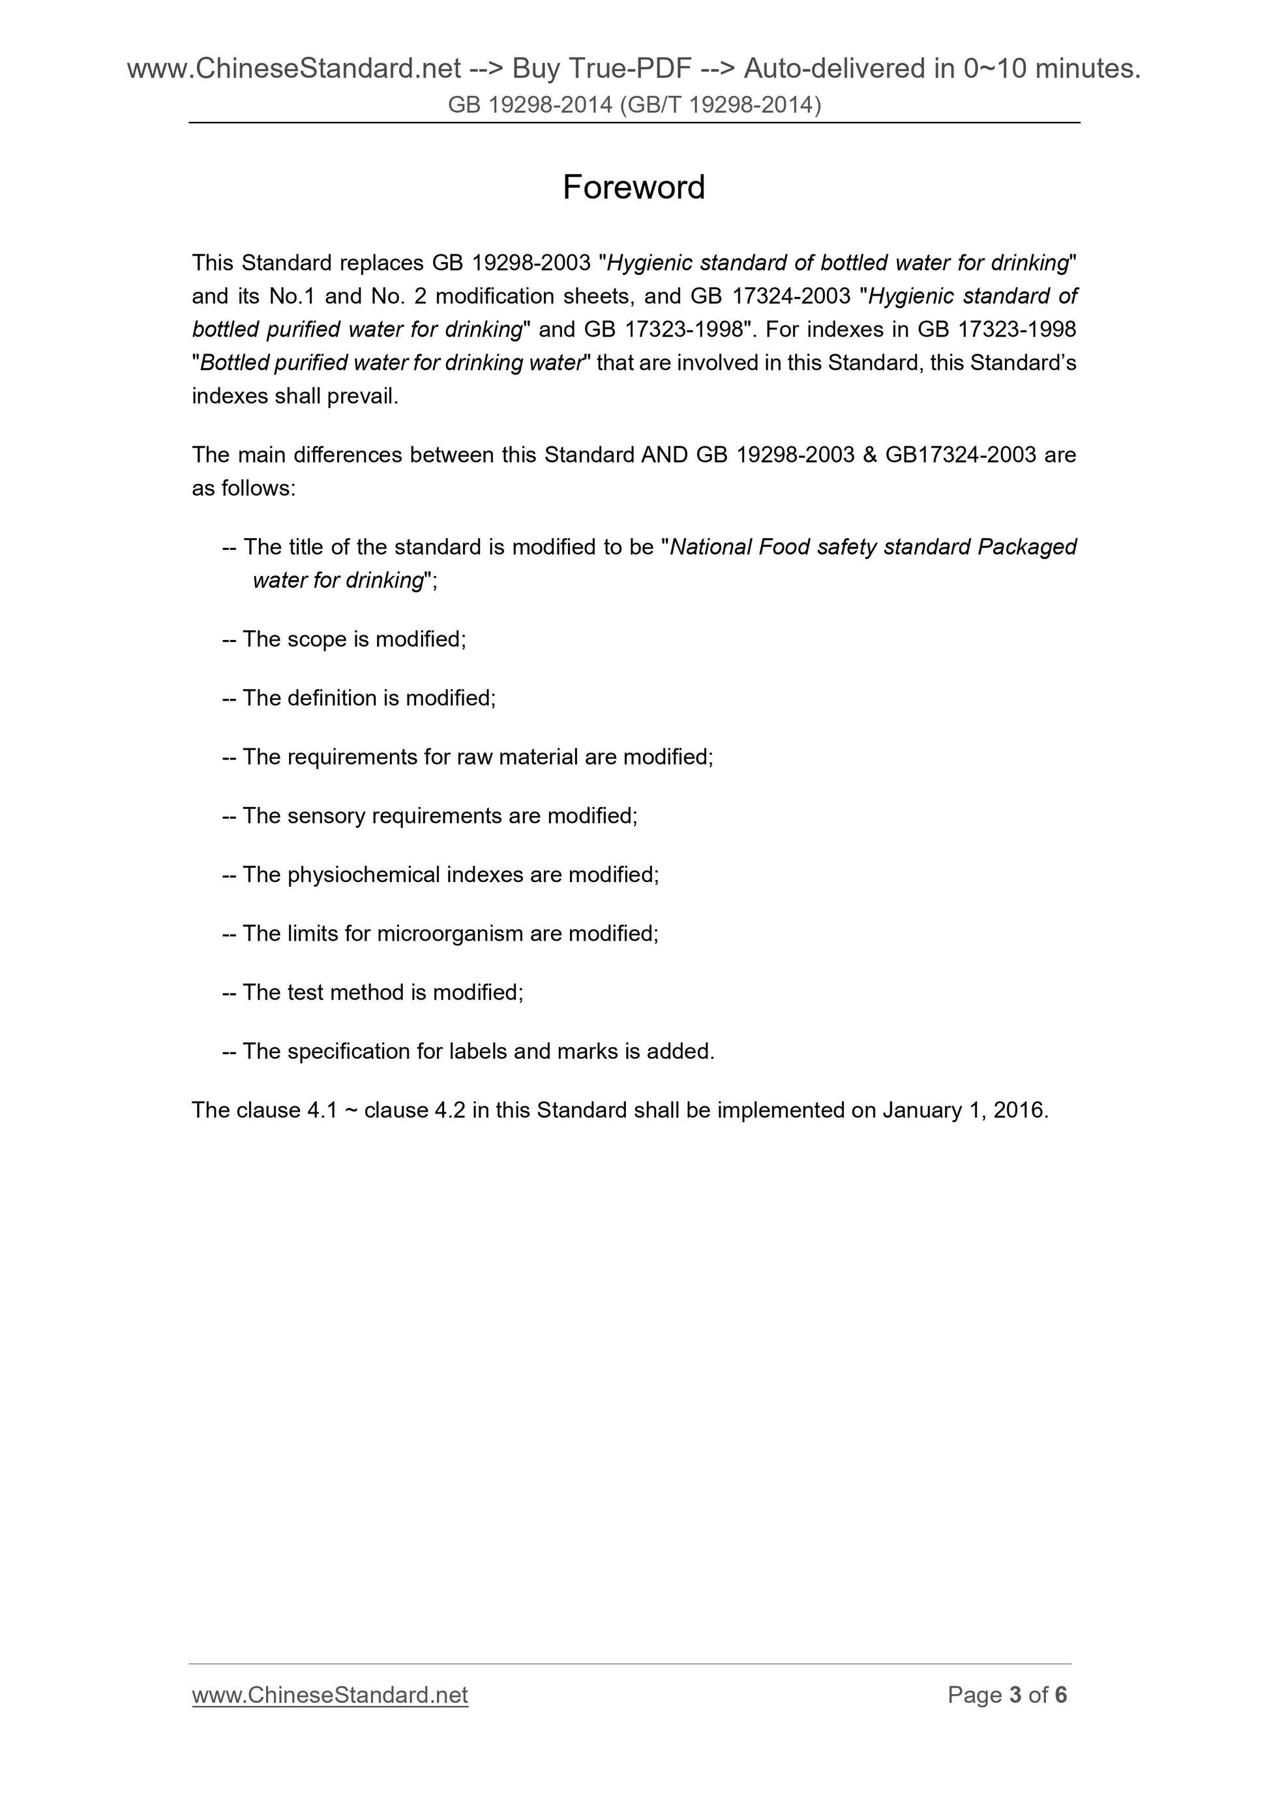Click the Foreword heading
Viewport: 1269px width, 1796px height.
coord(633,188)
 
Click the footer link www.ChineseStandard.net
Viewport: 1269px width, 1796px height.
coord(329,1695)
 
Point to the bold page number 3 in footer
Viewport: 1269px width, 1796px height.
coord(1015,1695)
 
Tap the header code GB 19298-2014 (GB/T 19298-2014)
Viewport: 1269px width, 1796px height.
coord(634,105)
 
